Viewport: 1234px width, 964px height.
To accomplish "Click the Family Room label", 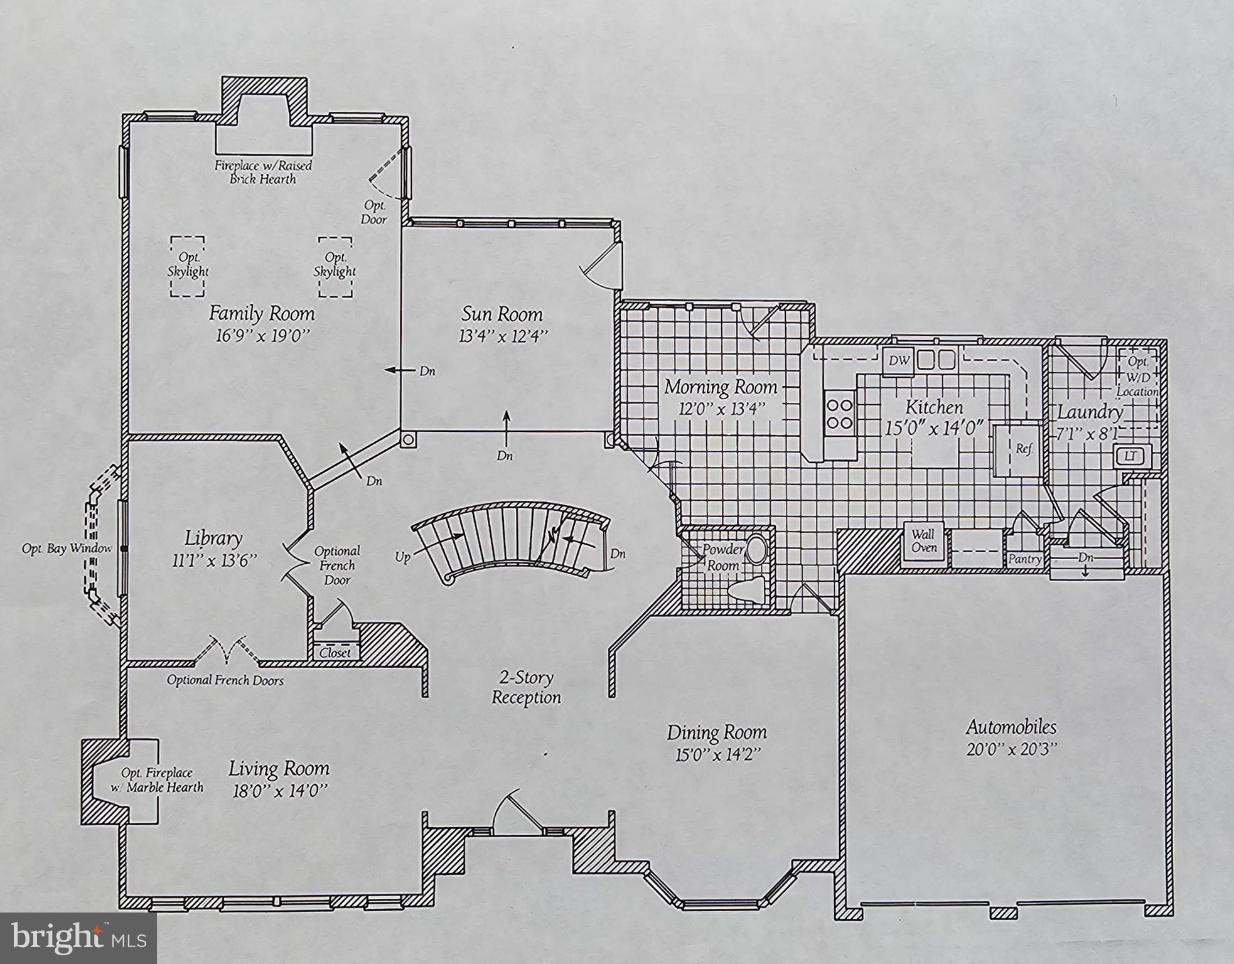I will click(x=262, y=313).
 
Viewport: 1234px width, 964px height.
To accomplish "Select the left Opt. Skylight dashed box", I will click(x=188, y=266).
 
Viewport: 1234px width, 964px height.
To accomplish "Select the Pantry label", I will click(x=1024, y=559).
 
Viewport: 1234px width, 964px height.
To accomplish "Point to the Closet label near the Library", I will click(x=335, y=653).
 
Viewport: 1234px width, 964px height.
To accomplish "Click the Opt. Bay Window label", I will click(x=67, y=549).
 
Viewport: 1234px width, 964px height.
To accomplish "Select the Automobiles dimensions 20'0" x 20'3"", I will click(x=1011, y=749).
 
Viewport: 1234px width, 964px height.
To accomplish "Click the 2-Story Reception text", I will click(x=526, y=687).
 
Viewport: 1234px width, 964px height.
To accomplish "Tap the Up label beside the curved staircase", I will click(x=403, y=557).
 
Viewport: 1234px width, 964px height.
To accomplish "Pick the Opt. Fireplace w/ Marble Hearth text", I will click(x=158, y=779).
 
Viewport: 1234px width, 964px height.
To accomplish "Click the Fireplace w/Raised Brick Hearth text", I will click(x=263, y=172).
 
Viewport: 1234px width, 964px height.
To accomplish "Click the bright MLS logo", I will click(x=78, y=938).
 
